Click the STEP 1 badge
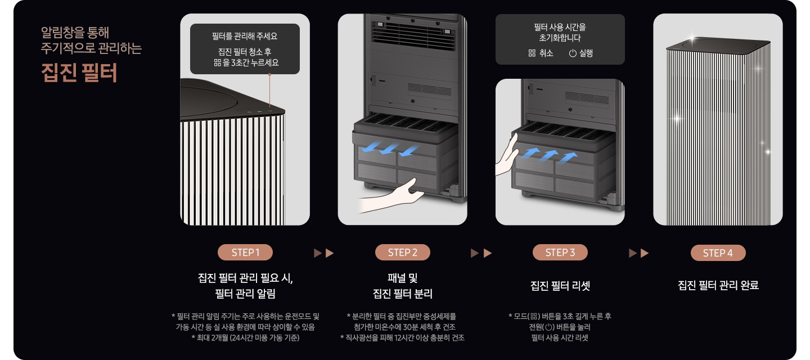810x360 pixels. tap(245, 253)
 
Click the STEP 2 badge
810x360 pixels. tap(402, 253)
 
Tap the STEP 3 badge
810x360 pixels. tap(560, 253)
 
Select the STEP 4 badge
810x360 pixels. tap(718, 253)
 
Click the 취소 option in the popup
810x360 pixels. tap(541, 53)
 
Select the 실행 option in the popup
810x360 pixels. tap(581, 53)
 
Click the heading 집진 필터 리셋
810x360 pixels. tap(560, 286)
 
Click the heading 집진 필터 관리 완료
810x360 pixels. tap(718, 286)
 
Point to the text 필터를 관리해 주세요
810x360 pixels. tap(245, 37)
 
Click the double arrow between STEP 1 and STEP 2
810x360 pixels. tap(324, 253)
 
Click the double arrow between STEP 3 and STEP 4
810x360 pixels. tap(638, 253)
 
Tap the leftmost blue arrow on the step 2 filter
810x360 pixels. tap(371, 148)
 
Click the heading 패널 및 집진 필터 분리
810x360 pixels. tap(402, 286)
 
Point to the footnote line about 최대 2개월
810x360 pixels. tap(245, 337)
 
